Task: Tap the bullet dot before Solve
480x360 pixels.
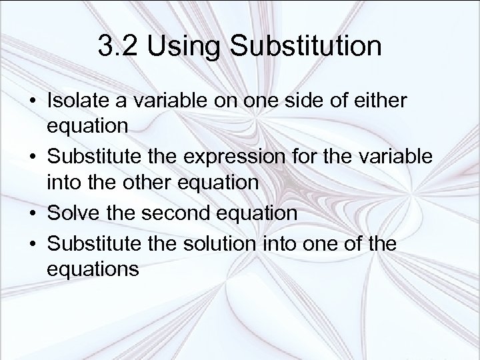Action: pos(33,213)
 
